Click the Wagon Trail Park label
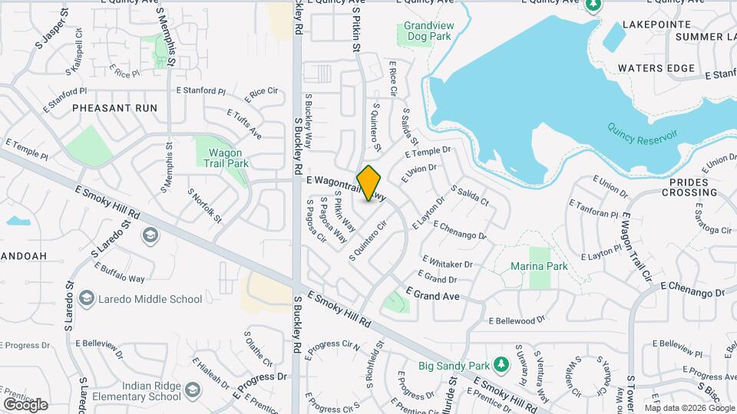point(228,157)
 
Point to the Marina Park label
point(539,266)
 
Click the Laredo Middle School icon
point(88,298)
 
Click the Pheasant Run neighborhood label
point(114,108)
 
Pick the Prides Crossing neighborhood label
point(693,187)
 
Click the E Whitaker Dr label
point(445,263)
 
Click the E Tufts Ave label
point(244,123)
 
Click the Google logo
point(25,404)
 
